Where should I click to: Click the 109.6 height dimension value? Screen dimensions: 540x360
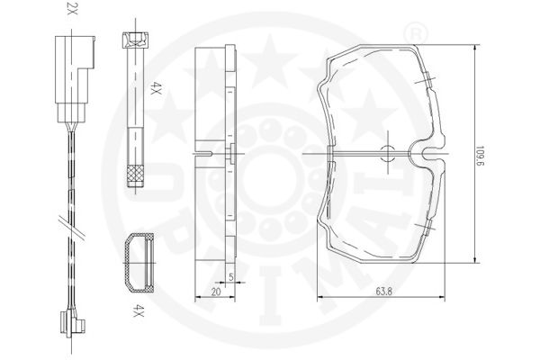[481, 157]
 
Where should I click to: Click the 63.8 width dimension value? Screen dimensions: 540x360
[384, 292]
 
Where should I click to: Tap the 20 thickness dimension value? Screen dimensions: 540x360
[216, 292]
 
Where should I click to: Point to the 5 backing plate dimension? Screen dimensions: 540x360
[231, 276]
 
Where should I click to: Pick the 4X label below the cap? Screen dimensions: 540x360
[139, 310]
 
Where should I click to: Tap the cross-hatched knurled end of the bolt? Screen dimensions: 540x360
[135, 175]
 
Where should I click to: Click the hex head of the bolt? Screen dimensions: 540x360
[136, 40]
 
